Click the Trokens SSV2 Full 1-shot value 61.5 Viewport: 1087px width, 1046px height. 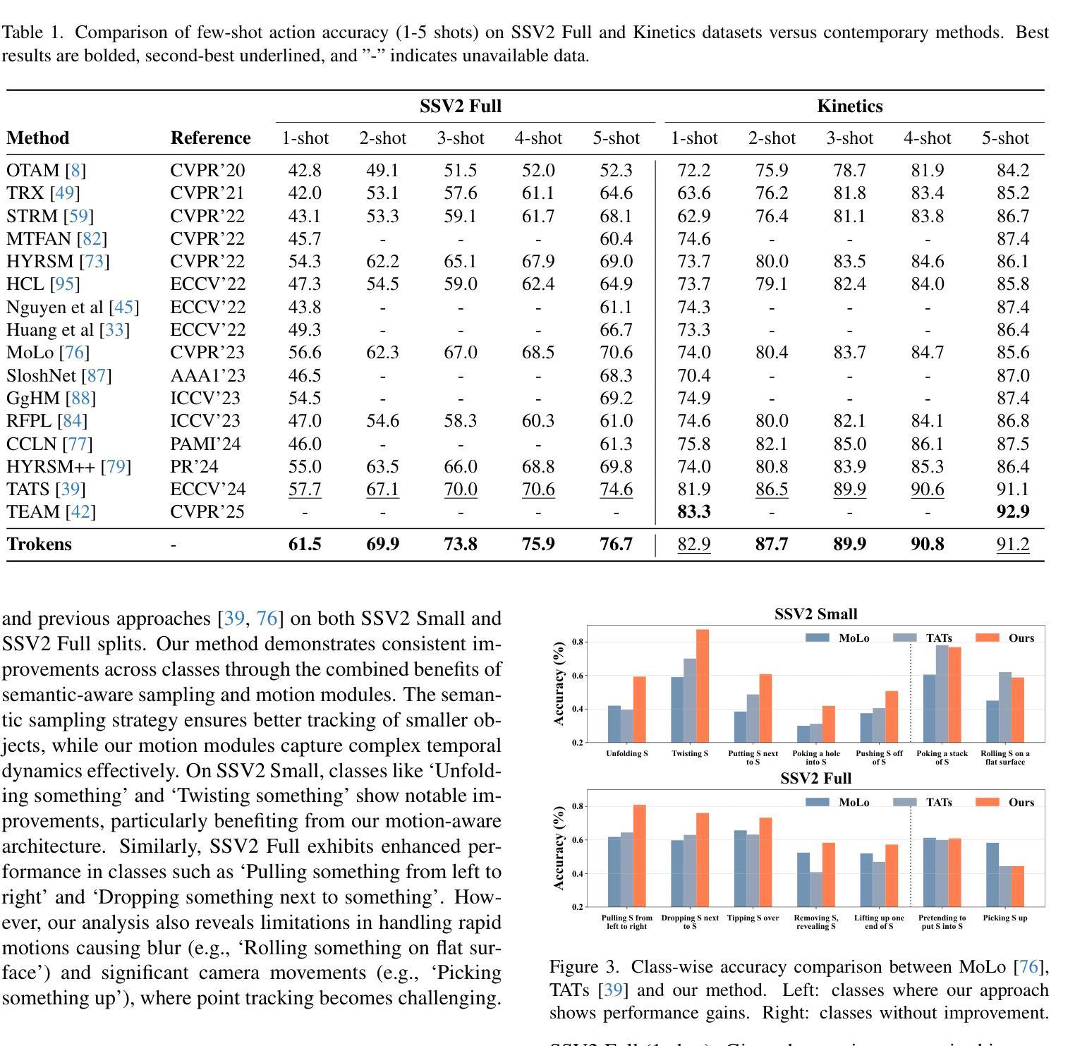(305, 545)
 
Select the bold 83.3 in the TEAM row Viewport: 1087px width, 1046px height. (694, 511)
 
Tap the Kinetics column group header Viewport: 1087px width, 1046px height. (850, 107)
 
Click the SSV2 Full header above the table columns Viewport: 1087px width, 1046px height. (461, 107)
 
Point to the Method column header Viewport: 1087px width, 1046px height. (38, 138)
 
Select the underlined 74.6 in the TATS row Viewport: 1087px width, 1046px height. (617, 489)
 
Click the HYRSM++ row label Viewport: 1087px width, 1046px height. (68, 467)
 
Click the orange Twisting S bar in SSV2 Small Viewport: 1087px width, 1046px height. (703, 686)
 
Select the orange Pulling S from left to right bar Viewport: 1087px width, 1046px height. (639, 856)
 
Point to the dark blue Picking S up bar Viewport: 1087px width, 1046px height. (992, 875)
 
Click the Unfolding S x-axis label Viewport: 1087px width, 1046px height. (627, 753)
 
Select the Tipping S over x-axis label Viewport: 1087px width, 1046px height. (753, 918)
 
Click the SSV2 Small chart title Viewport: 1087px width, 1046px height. (816, 614)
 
